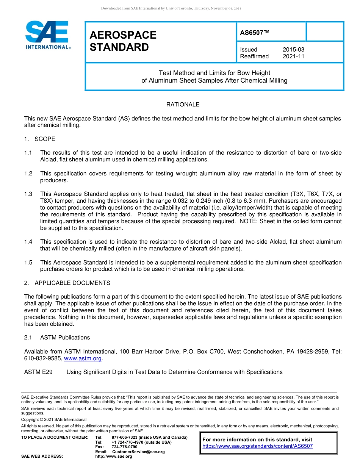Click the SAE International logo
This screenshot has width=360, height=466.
click(47, 35)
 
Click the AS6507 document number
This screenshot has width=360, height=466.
click(255, 33)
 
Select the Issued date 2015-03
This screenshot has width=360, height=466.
click(293, 50)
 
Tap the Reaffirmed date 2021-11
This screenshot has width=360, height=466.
click(293, 56)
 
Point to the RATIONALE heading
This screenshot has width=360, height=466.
click(183, 105)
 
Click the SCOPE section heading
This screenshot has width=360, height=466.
click(45, 139)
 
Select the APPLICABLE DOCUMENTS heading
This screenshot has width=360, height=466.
click(72, 283)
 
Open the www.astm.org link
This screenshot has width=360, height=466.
click(83, 358)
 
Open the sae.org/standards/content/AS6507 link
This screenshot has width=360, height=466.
click(258, 446)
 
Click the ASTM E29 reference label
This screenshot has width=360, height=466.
click(38, 372)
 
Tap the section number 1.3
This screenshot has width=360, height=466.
click(28, 194)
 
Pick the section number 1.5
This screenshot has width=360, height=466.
click(28, 263)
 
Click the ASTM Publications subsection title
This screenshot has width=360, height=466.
click(65, 338)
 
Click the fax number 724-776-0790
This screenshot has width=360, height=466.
click(125, 447)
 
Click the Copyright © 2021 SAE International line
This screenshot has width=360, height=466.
click(54, 419)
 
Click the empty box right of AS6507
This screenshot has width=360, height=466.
click(324, 31)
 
